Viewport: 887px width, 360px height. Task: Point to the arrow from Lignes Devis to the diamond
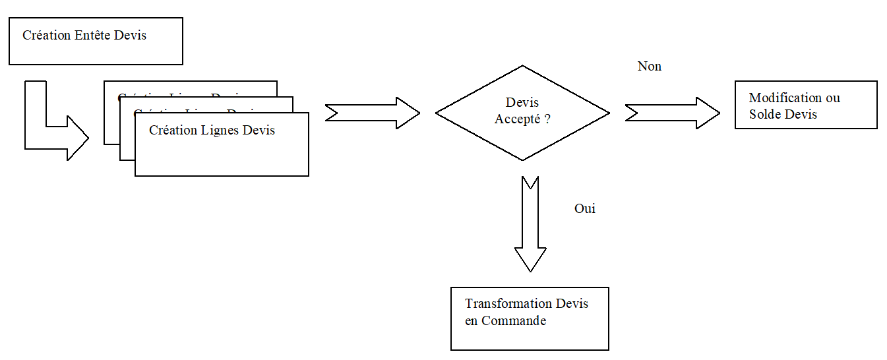[x=373, y=113]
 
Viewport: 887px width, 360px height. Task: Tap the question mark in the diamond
[x=547, y=119]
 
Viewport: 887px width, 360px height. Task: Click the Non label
[x=649, y=67]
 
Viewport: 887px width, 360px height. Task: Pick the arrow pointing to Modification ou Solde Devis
[x=672, y=113]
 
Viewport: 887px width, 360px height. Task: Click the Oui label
[x=585, y=208]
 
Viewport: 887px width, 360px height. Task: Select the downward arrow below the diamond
[x=530, y=224]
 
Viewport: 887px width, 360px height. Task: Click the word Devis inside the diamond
[x=522, y=103]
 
